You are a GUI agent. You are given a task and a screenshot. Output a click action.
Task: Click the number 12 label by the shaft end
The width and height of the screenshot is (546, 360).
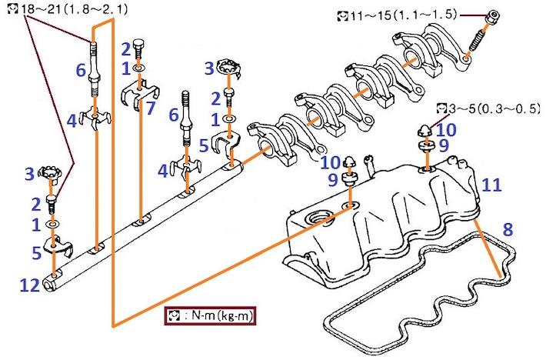click(x=29, y=286)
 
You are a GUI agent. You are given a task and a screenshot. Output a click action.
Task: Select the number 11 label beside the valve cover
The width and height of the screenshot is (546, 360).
click(x=491, y=185)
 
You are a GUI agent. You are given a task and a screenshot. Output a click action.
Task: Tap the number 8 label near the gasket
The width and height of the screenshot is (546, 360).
click(x=508, y=229)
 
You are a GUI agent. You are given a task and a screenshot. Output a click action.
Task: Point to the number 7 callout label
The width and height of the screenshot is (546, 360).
click(x=151, y=108)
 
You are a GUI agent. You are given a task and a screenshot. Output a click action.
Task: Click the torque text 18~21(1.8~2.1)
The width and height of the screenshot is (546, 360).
click(x=75, y=9)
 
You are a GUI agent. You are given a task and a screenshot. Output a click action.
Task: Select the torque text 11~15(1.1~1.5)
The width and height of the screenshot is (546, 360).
click(x=403, y=15)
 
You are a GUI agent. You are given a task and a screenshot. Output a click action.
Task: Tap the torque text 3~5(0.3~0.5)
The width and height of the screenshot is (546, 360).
click(x=494, y=108)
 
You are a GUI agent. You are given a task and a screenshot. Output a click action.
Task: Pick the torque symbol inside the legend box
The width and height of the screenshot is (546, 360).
click(x=173, y=316)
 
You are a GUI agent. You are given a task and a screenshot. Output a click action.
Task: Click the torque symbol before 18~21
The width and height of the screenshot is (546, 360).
click(x=13, y=8)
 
